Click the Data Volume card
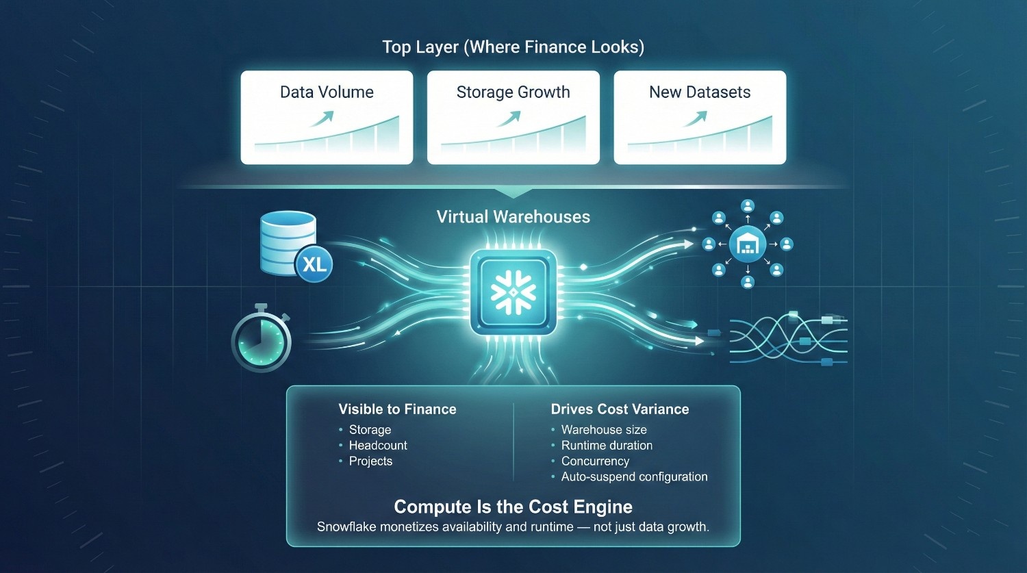pyautogui.click(x=327, y=117)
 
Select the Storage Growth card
pyautogui.click(x=513, y=117)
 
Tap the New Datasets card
pyautogui.click(x=700, y=117)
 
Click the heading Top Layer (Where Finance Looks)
pyautogui.click(x=513, y=47)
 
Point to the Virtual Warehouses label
pyautogui.click(x=513, y=217)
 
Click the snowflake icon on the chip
pyautogui.click(x=513, y=292)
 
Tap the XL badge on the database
pyautogui.click(x=314, y=264)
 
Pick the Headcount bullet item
pyautogui.click(x=378, y=446)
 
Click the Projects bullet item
pyautogui.click(x=370, y=461)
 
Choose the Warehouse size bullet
pyautogui.click(x=604, y=430)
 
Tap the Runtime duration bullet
pyautogui.click(x=607, y=446)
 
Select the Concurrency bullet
pyautogui.click(x=595, y=461)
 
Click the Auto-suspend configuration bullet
pyautogui.click(x=634, y=477)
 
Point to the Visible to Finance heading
pyautogui.click(x=397, y=409)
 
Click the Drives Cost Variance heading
pyautogui.click(x=620, y=409)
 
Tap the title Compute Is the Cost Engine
pyautogui.click(x=513, y=507)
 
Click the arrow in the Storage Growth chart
pyautogui.click(x=508, y=119)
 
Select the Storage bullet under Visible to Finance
pyautogui.click(x=370, y=430)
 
